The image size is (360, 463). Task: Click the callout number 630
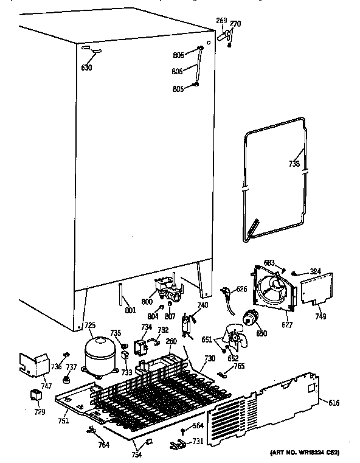point(87,68)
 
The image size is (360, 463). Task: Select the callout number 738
point(294,163)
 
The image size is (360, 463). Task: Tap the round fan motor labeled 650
point(249,318)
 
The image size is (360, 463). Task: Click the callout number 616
point(334,403)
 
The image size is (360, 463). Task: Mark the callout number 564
point(198,425)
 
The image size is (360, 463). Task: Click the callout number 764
point(104,445)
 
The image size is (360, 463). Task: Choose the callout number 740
point(202,305)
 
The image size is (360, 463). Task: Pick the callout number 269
point(221,21)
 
